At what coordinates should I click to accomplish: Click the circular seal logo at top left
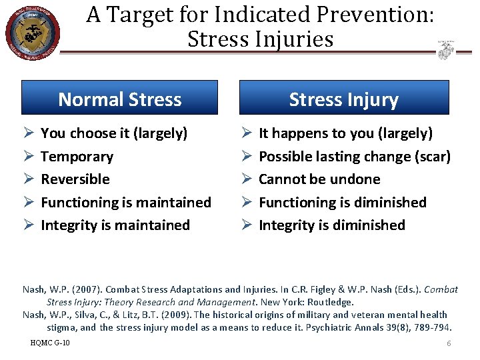click(x=32, y=31)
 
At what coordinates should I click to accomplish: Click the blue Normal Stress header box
click(x=120, y=98)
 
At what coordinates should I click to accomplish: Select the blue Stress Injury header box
click(x=343, y=98)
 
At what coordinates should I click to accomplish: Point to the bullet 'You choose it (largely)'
click(x=114, y=133)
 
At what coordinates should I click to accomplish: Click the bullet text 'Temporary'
click(x=77, y=157)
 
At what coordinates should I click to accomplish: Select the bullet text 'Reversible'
click(x=75, y=179)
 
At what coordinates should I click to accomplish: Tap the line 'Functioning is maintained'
click(x=126, y=202)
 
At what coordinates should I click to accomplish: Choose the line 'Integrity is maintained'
click(x=115, y=225)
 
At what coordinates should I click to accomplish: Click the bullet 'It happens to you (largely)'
click(x=345, y=133)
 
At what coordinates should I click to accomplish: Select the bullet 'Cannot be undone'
click(x=319, y=179)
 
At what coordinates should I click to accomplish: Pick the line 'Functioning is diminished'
click(x=342, y=202)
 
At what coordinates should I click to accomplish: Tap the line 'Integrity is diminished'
click(x=331, y=225)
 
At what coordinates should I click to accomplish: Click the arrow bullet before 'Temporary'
click(x=27, y=157)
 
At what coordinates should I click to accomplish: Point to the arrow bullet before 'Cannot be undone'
click(x=245, y=179)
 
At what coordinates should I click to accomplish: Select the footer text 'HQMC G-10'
click(x=50, y=343)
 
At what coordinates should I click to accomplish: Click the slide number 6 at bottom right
click(x=449, y=343)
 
